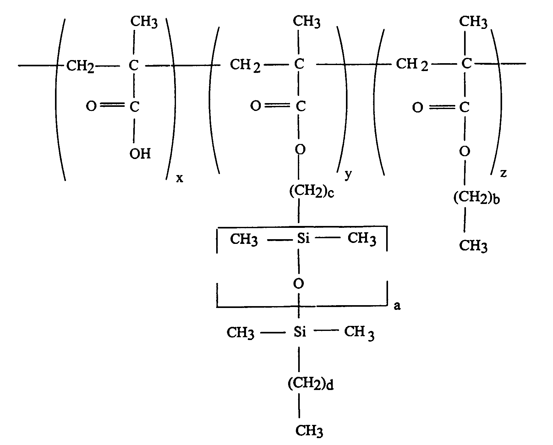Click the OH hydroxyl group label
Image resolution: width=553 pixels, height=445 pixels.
(x=140, y=154)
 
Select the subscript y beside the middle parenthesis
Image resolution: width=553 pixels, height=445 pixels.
(x=348, y=175)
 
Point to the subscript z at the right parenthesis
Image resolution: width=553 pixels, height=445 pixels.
(x=503, y=173)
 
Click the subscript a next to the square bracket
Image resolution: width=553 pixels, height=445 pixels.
(x=397, y=306)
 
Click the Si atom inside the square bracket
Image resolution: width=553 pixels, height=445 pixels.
(x=303, y=239)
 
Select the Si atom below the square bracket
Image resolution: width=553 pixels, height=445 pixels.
(x=300, y=332)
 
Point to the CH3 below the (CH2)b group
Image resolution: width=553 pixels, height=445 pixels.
(x=473, y=246)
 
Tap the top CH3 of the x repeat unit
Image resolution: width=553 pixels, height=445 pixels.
(x=144, y=22)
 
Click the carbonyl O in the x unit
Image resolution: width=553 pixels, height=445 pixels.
(x=91, y=107)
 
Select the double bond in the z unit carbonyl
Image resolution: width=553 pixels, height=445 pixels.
(x=442, y=108)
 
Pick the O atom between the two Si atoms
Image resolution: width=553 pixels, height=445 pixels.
(x=298, y=284)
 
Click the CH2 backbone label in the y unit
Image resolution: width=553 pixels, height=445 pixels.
(x=245, y=65)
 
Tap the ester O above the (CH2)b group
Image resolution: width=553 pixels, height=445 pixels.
(x=465, y=151)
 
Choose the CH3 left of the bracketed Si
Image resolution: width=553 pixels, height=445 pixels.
(x=244, y=239)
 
